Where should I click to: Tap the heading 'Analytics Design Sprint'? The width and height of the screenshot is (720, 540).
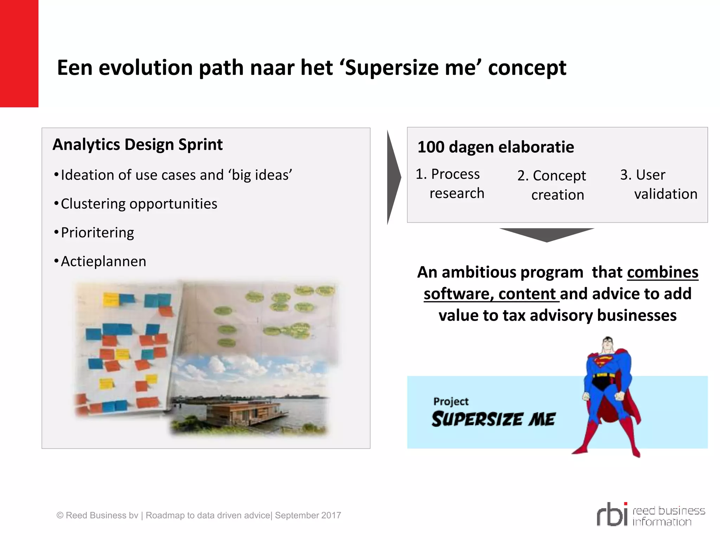(137, 144)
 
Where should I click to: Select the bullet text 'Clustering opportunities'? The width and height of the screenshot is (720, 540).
(139, 204)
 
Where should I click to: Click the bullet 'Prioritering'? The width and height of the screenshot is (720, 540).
(97, 233)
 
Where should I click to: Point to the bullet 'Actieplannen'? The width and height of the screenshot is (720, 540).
(103, 262)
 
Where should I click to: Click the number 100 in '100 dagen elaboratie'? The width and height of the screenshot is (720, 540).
(431, 147)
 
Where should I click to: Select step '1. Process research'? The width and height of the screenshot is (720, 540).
(450, 184)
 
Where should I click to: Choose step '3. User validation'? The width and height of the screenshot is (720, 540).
(658, 184)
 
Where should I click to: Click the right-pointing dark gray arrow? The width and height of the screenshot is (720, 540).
(393, 178)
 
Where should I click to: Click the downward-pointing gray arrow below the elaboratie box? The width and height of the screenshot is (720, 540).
(547, 234)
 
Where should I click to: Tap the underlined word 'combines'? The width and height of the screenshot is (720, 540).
(662, 272)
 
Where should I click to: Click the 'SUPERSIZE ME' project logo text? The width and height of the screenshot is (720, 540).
(493, 419)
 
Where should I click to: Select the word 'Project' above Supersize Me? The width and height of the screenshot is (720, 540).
(451, 401)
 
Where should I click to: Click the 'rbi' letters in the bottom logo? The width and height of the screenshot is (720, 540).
(612, 515)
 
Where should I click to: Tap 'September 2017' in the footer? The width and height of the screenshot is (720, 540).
(308, 515)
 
